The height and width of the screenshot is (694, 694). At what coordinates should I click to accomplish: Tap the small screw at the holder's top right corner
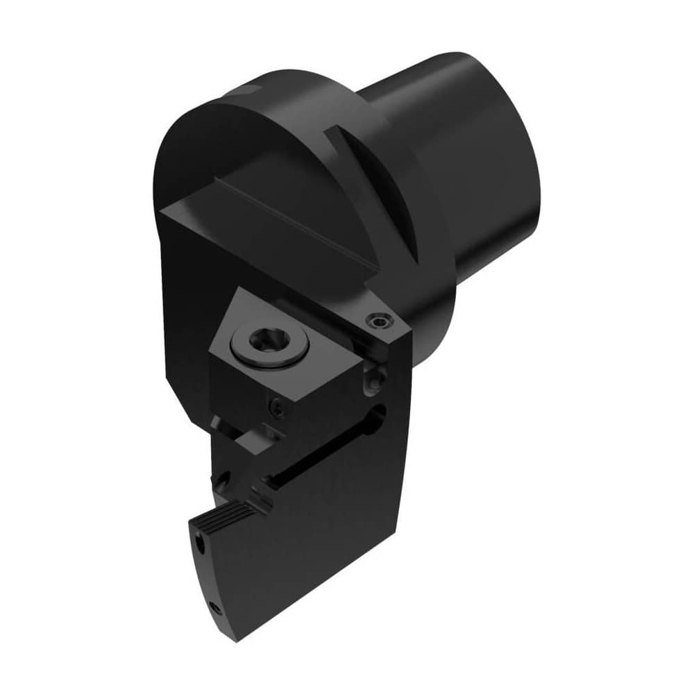click(x=379, y=320)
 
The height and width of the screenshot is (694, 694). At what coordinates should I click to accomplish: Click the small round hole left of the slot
click(x=223, y=479)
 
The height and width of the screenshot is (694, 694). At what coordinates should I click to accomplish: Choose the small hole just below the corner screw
click(x=375, y=378)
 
